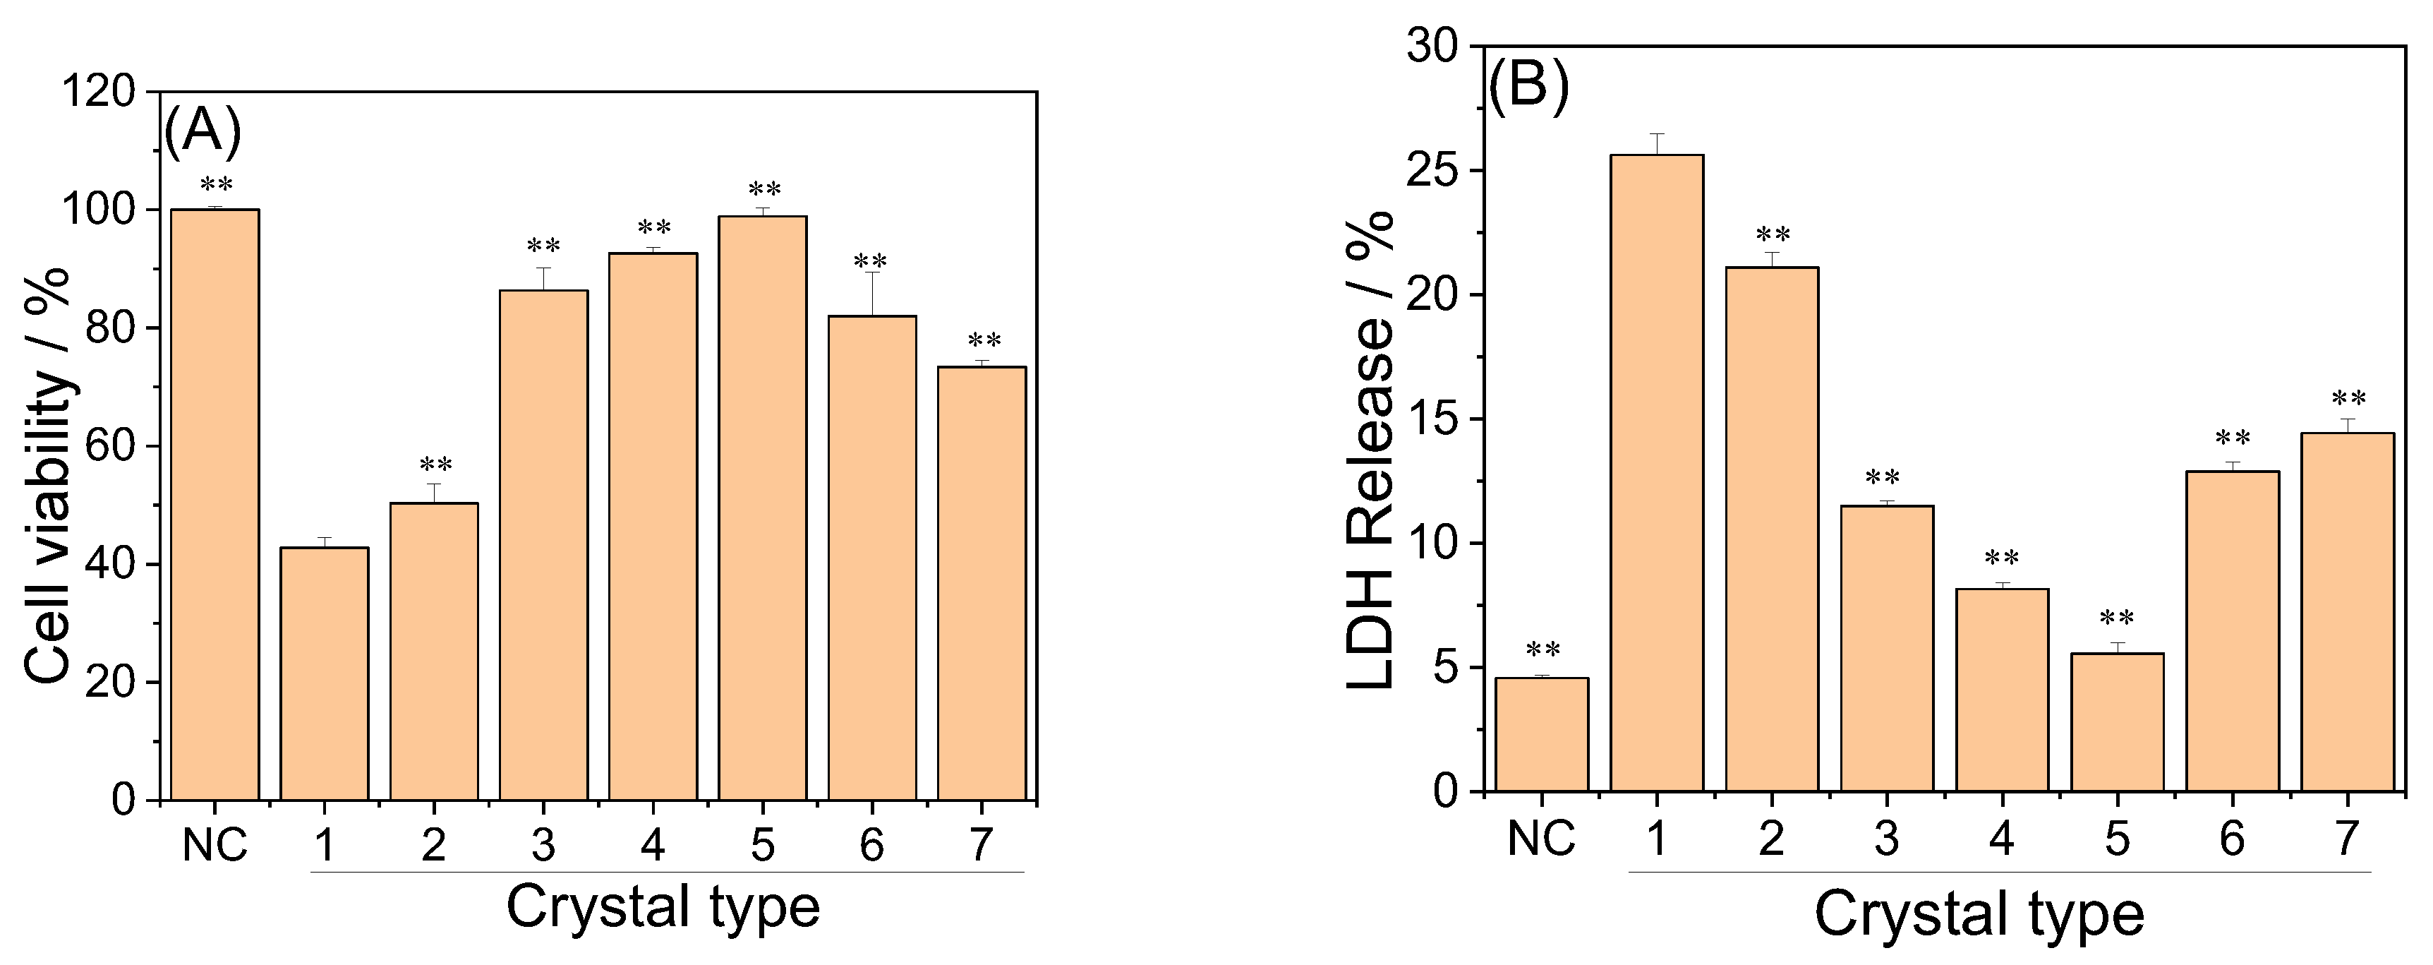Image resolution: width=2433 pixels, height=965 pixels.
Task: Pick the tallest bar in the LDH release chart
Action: pyautogui.click(x=1657, y=472)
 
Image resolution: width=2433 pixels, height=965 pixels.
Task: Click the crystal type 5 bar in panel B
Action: pyautogui.click(x=2117, y=722)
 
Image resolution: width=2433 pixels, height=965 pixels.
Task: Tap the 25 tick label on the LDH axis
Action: pyautogui.click(x=1434, y=171)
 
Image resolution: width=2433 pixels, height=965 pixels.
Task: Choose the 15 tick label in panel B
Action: pyautogui.click(x=1434, y=419)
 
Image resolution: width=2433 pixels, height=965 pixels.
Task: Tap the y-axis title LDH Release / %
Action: pyautogui.click(x=1370, y=452)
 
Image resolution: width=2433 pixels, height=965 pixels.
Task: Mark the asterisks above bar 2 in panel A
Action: pyautogui.click(x=435, y=465)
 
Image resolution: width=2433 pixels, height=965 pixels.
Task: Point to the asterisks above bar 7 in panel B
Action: pyautogui.click(x=2348, y=399)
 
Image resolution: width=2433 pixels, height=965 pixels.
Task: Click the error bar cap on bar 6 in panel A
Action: pyautogui.click(x=871, y=272)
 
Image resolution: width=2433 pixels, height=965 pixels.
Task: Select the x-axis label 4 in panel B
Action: pyautogui.click(x=2001, y=839)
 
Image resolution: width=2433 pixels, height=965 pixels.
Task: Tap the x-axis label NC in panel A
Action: pyautogui.click(x=215, y=845)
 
